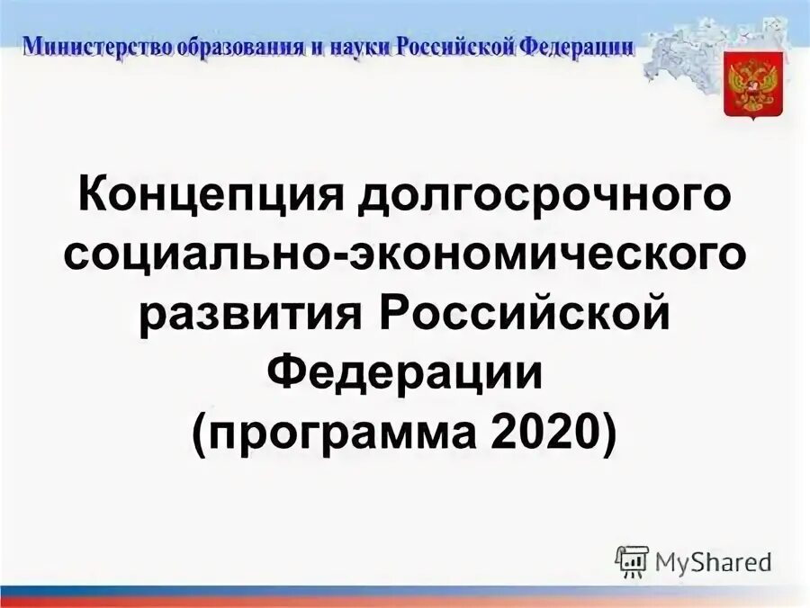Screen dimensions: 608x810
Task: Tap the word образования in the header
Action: (x=237, y=46)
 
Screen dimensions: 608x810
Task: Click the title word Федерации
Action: (x=405, y=374)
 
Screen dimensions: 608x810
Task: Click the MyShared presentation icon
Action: (x=632, y=561)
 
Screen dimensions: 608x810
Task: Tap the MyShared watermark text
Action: (x=713, y=562)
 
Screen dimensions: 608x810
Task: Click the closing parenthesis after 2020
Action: (x=610, y=435)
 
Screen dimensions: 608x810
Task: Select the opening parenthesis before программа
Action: (x=200, y=435)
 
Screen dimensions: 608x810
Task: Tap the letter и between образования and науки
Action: (x=314, y=46)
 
